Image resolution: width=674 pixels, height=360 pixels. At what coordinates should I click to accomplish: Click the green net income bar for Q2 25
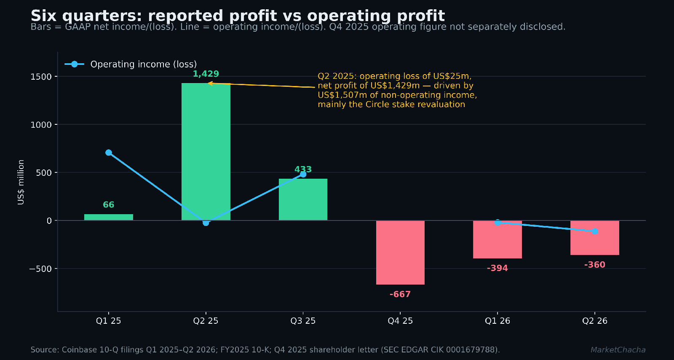point(206,152)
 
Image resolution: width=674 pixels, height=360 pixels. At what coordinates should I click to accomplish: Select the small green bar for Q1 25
point(109,217)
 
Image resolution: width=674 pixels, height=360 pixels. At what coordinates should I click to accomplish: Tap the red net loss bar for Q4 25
point(400,253)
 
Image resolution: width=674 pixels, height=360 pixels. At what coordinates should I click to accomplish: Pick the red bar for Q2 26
point(594,238)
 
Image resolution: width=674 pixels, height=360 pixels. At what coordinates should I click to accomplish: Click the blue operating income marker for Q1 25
point(109,153)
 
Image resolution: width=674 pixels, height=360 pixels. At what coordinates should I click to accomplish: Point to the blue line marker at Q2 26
point(595,231)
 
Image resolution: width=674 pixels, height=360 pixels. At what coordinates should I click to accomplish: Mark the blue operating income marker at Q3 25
point(303,174)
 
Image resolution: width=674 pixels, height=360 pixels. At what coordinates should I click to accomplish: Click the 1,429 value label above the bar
point(206,74)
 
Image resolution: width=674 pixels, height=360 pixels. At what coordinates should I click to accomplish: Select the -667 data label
point(400,294)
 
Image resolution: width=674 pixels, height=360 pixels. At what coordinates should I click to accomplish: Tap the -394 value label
point(497,268)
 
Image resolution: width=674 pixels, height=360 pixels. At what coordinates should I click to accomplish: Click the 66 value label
point(109,205)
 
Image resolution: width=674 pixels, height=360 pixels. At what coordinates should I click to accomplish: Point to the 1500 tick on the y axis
point(41,77)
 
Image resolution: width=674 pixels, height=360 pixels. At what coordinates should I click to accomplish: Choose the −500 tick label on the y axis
point(40,269)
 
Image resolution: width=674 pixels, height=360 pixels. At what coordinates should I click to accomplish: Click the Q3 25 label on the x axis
point(303,321)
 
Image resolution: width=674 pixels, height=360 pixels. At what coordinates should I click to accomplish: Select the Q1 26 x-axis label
point(497,321)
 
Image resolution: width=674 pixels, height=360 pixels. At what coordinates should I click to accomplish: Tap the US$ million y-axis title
point(21,182)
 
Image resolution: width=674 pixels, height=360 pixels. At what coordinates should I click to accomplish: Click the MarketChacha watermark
point(618,350)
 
